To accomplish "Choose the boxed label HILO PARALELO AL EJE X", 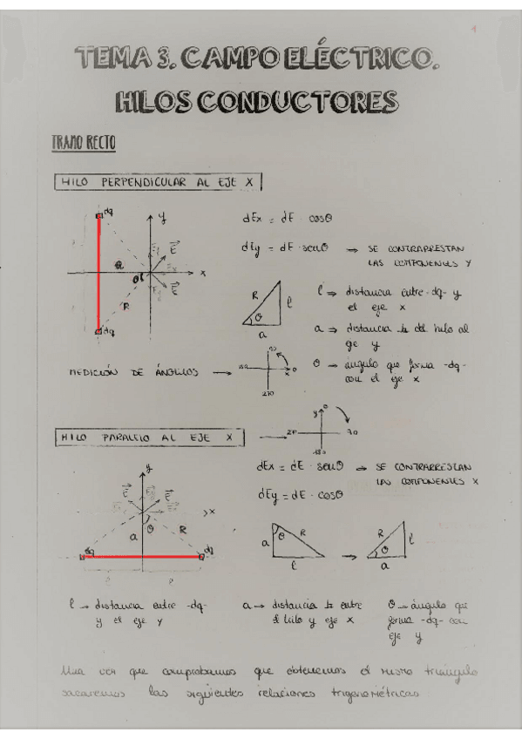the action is click(x=148, y=436).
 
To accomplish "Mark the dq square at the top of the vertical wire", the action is click(x=99, y=214).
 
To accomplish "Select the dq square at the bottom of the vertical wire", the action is click(x=98, y=331).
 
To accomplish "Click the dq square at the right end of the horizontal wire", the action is click(x=203, y=554).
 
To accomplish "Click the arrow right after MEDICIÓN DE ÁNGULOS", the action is click(x=221, y=372).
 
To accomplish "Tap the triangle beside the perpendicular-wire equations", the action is click(x=266, y=305).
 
